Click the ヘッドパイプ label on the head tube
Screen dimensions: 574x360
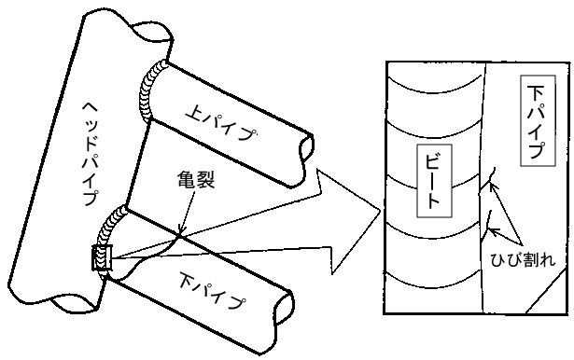click(x=91, y=154)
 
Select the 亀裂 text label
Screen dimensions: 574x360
click(x=195, y=179)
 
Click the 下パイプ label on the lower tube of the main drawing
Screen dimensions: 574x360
click(x=212, y=292)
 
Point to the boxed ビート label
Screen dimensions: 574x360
click(x=434, y=181)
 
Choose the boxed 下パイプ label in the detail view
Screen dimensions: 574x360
click(x=538, y=120)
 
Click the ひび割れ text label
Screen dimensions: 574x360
click(x=523, y=259)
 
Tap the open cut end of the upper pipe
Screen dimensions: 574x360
click(x=307, y=147)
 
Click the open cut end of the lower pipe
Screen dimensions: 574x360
click(x=285, y=308)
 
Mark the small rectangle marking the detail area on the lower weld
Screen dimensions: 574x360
click(x=102, y=258)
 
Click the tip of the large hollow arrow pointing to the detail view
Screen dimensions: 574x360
click(x=381, y=211)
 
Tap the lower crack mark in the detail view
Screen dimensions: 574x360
click(x=487, y=225)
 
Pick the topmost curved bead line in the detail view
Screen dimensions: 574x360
click(x=434, y=87)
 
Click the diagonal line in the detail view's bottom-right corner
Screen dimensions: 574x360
click(x=548, y=292)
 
